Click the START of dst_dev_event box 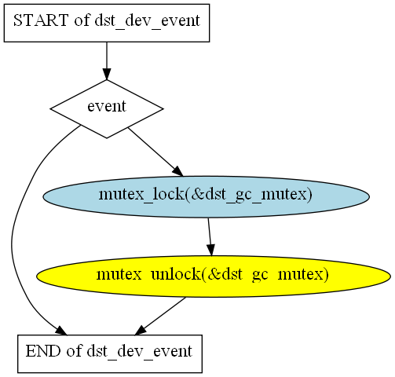coord(107,23)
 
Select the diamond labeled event coord(107,108)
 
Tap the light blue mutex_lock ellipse coord(206,196)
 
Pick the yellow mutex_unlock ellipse coord(214,276)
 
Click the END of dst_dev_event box coord(110,353)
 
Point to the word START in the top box coord(41,20)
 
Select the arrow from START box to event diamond coord(107,60)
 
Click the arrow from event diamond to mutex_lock coord(155,152)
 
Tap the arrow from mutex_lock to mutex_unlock coord(210,236)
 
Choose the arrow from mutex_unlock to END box coord(160,316)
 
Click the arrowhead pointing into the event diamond coord(107,74)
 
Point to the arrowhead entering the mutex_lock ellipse coord(178,171)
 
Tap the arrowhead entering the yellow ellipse coord(211,251)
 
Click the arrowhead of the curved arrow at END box coord(61,331)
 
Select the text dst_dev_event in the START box coord(148,21)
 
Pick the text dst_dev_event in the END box coord(140,352)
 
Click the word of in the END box coord(74,351)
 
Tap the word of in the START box coord(82,20)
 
